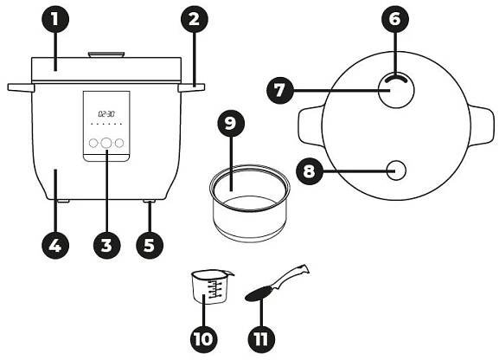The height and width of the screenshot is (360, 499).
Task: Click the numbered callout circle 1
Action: pos(55,19)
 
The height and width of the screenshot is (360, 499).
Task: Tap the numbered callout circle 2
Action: pos(194,19)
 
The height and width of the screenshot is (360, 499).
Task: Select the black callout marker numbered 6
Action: pos(395,19)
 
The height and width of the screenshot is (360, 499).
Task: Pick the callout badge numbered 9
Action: pos(231,124)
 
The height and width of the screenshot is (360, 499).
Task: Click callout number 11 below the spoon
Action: pos(261,339)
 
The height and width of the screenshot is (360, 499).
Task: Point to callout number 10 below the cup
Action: pos(204,339)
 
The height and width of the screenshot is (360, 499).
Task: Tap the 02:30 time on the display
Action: pos(106,113)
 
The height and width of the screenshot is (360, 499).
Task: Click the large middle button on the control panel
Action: pos(106,143)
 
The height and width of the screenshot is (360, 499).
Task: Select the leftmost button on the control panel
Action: pos(93,143)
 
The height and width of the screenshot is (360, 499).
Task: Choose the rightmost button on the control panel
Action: pos(119,143)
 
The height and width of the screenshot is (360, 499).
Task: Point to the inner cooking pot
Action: pos(250,203)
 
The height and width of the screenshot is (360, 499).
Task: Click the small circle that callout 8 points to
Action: pos(397,170)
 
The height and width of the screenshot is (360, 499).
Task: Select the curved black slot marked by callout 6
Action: pos(396,78)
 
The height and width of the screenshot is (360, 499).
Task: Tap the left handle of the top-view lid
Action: pos(310,126)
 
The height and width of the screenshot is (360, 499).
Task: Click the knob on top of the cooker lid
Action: pos(106,55)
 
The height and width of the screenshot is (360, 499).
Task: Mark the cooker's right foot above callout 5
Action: pos(150,202)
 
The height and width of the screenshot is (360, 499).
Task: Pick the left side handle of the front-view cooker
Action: pos(21,87)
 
